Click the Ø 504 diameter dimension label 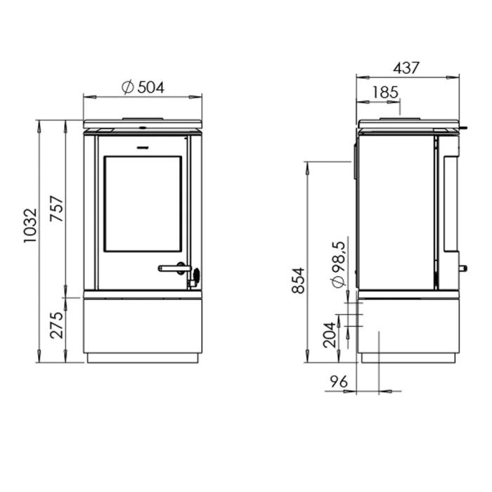143,87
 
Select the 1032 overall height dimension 30,226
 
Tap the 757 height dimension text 57,209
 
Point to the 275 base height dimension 57,325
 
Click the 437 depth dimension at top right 406,67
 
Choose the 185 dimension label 385,92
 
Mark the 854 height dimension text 298,280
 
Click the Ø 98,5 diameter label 339,264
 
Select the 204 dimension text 330,335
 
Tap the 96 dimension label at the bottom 339,382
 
